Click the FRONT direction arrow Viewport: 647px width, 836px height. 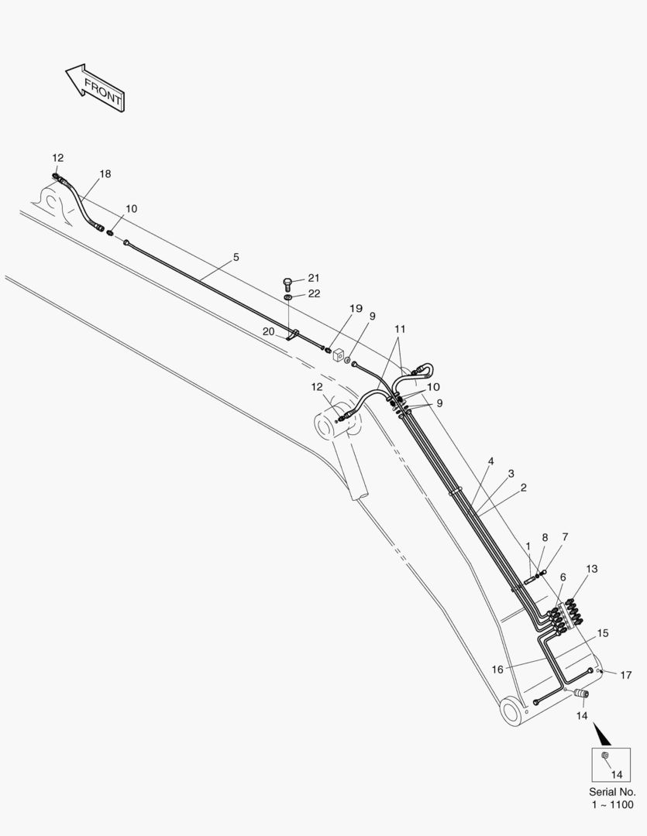(x=95, y=88)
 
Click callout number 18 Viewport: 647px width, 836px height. (x=105, y=174)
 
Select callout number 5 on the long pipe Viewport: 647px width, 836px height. (x=236, y=257)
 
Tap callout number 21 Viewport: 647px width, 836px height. (x=313, y=278)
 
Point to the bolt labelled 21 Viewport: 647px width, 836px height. (x=287, y=283)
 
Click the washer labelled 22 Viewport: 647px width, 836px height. (x=287, y=296)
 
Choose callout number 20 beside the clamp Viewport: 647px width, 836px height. (x=268, y=331)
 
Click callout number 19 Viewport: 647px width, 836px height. (x=356, y=308)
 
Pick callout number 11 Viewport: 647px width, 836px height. (x=400, y=329)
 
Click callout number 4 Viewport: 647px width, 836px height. (x=490, y=461)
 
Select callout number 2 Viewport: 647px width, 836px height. (x=523, y=488)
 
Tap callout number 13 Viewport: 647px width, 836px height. (x=591, y=569)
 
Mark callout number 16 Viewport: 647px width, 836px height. (x=497, y=669)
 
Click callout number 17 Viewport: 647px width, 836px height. (x=625, y=675)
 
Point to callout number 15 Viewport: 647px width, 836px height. (x=602, y=633)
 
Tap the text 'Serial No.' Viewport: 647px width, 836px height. (x=612, y=792)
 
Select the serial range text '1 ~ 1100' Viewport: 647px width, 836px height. (x=612, y=804)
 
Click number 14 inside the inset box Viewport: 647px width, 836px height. (x=617, y=774)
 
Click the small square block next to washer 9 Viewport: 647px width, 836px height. (x=338, y=355)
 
